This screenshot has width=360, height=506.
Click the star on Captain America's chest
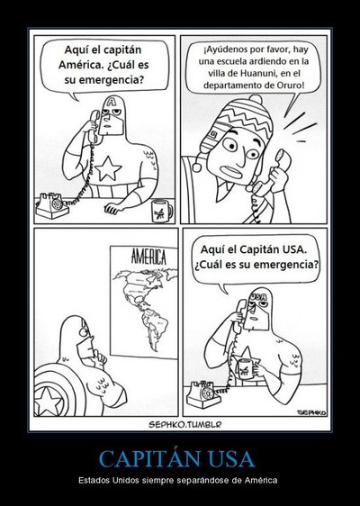tap(108, 168)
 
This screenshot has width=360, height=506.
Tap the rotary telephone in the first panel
tap(52, 205)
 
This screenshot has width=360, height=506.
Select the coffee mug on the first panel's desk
tap(162, 212)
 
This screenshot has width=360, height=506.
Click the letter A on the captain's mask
tap(112, 102)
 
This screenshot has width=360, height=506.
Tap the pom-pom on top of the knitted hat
tap(256, 99)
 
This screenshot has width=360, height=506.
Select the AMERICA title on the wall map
tap(148, 258)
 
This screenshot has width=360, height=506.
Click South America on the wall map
tap(155, 327)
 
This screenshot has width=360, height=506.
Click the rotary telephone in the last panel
tap(204, 393)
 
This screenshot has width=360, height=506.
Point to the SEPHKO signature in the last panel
tap(311, 412)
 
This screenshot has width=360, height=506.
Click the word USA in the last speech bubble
tap(294, 249)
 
